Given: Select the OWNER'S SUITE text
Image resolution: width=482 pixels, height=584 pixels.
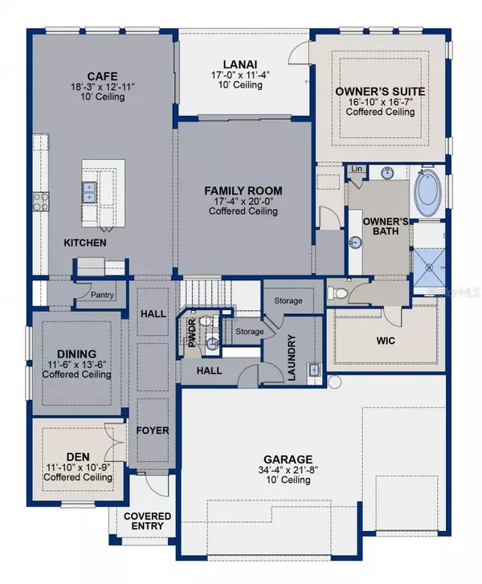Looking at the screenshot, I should click(381, 92).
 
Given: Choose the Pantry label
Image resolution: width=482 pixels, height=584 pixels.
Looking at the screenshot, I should click(102, 295).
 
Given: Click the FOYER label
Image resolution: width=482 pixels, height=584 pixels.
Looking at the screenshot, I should click(153, 431).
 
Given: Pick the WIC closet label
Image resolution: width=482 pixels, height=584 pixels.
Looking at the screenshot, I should click(386, 340).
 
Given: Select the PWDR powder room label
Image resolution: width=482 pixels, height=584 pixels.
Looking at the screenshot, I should click(192, 333).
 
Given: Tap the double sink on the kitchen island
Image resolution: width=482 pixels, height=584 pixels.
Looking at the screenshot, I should click(89, 191).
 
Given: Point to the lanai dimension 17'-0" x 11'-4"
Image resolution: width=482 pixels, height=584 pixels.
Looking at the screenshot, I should click(240, 76).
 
